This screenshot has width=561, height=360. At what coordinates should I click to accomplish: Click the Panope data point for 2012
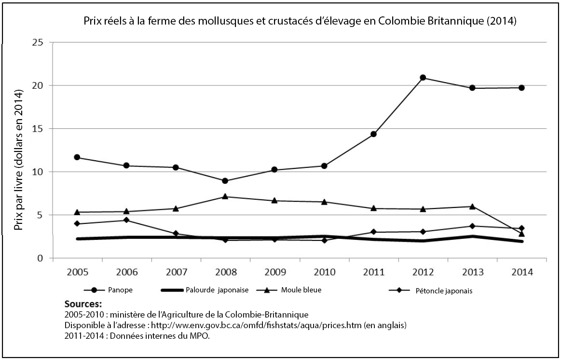tap(423, 78)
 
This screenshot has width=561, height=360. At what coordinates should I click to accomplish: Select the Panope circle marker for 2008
tap(225, 181)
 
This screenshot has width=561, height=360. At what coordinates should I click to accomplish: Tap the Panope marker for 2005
tap(77, 157)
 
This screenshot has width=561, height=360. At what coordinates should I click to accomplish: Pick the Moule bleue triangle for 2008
tap(225, 196)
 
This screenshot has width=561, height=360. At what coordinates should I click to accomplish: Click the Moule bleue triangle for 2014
tap(521, 234)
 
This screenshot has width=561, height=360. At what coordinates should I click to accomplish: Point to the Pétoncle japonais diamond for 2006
tap(126, 220)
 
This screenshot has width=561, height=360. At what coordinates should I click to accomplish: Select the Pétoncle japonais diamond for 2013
tap(472, 226)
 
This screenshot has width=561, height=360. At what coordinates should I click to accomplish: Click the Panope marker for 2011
tap(373, 134)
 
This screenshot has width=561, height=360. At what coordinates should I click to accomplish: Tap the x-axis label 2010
tap(324, 272)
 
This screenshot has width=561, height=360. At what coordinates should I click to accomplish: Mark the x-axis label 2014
tap(521, 272)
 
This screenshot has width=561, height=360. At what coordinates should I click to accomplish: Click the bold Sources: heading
tap(83, 305)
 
